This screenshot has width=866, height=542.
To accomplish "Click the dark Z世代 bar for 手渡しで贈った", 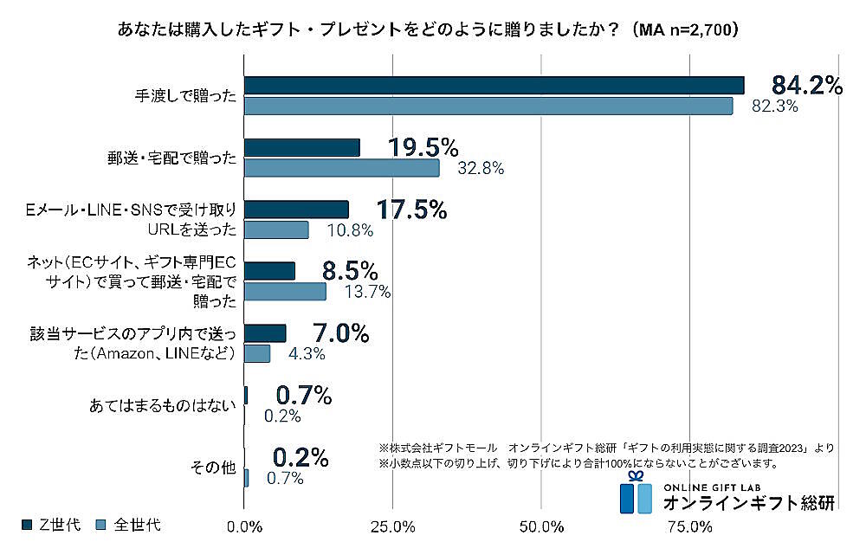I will click(x=494, y=85).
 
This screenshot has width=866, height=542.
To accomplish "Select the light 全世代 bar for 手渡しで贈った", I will click(x=488, y=106).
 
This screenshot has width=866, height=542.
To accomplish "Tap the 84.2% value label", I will click(x=807, y=85).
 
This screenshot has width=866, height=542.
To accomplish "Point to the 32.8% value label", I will click(x=480, y=169).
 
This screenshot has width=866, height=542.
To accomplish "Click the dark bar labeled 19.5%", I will click(x=302, y=148).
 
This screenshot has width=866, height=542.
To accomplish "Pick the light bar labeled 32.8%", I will click(x=342, y=168).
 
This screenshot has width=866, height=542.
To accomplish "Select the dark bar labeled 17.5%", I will click(x=296, y=210).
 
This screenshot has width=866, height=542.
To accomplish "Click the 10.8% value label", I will click(x=350, y=230).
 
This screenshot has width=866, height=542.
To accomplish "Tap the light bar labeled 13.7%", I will click(x=285, y=292).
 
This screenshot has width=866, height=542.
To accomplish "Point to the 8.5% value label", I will click(x=350, y=269).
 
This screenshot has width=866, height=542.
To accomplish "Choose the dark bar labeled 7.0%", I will click(x=265, y=333).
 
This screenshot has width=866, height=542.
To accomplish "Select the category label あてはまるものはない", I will click(x=163, y=405).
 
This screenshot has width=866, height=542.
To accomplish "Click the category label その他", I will click(x=213, y=468).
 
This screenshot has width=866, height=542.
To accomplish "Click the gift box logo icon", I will click(x=636, y=494).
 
